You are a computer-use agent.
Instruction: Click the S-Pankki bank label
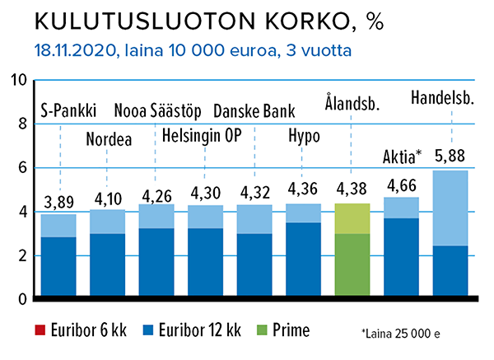68,110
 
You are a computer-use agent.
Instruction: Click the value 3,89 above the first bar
58,201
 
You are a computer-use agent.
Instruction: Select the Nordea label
109,138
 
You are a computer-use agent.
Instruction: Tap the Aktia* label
403,157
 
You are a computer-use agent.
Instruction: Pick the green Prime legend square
260,331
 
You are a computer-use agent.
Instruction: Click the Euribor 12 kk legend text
196,331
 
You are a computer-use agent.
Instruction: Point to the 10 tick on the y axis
18,81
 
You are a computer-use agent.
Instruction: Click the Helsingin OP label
202,135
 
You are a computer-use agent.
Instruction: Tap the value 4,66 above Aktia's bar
401,184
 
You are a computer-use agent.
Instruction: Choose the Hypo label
303,135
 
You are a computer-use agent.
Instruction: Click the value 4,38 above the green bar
352,190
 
